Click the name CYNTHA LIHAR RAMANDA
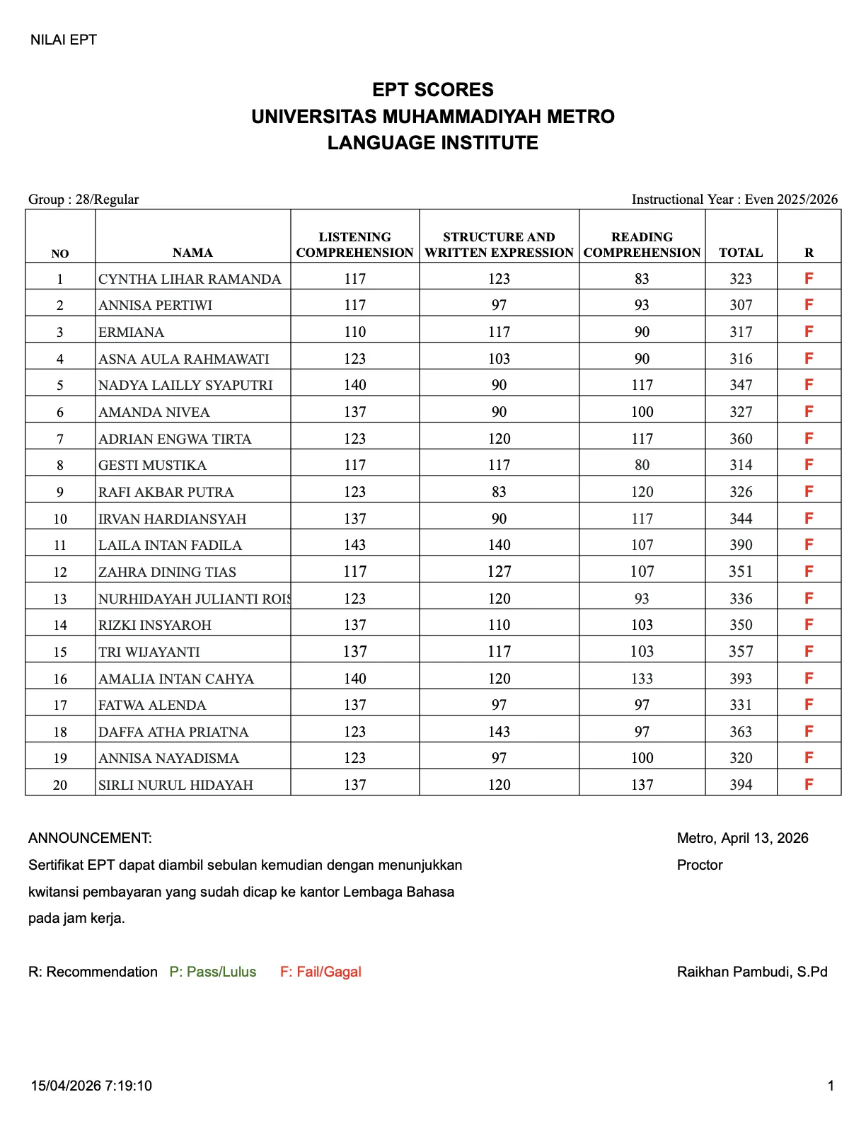(x=190, y=279)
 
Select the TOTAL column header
(x=741, y=253)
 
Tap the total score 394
(x=741, y=785)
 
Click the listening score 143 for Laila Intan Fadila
(x=354, y=545)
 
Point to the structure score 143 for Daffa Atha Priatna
(x=499, y=732)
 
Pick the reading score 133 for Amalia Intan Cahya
(x=642, y=679)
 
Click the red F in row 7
(x=809, y=439)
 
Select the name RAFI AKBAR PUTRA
(x=166, y=492)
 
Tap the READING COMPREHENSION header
(x=642, y=245)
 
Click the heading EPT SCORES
(x=433, y=90)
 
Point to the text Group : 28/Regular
(x=83, y=200)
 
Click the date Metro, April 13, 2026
(x=742, y=838)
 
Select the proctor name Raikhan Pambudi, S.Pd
(x=751, y=972)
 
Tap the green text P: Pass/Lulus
(x=213, y=972)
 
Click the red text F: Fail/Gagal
(x=321, y=972)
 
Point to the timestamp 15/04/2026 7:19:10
(x=91, y=1086)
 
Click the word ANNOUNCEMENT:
(x=90, y=838)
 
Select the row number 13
(x=60, y=599)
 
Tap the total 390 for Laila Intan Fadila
(x=741, y=545)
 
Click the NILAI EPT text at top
(x=64, y=40)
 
